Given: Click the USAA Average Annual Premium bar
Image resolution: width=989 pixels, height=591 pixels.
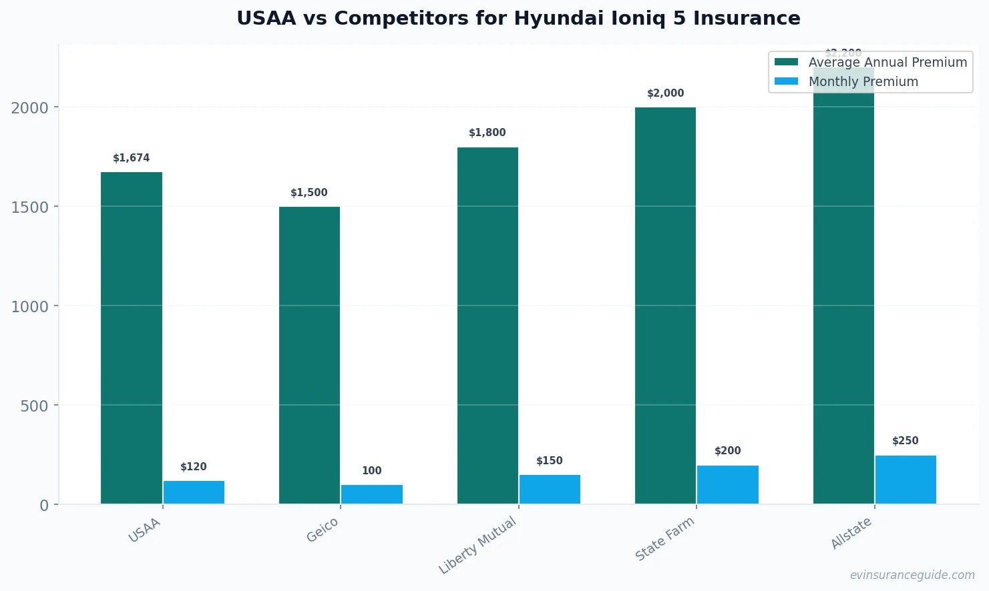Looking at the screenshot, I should point(132,338).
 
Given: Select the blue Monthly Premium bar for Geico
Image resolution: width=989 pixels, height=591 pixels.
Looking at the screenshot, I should point(372,494).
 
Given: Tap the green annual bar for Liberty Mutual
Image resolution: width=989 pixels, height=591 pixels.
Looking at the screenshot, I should point(487,326).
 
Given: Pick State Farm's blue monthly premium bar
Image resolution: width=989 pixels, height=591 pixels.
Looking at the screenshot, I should point(728,484).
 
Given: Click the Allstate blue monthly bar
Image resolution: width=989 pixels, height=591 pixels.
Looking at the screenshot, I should point(906,479).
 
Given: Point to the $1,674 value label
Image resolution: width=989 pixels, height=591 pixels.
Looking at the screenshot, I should point(132,158).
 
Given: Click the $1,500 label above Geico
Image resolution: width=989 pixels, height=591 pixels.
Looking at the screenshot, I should point(309,193).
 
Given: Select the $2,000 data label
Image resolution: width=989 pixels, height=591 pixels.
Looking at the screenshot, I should point(666,93).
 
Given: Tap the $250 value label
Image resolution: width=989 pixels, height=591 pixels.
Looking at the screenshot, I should point(906,441).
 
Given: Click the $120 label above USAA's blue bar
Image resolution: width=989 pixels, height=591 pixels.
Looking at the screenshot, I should point(194,467).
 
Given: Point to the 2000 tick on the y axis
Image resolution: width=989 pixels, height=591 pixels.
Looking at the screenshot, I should point(30,107).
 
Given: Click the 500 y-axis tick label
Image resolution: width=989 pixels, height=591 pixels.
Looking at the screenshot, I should point(35,406).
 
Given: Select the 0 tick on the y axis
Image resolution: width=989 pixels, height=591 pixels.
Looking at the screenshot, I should point(44,505).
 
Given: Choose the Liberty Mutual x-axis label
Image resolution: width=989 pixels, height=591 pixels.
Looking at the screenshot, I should point(478,545).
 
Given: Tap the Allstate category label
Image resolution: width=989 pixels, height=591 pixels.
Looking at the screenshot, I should point(851,533).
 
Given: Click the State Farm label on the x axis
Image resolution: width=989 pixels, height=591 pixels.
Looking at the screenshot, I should point(665,539).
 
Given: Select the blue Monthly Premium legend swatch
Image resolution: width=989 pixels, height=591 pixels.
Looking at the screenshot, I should point(786,81).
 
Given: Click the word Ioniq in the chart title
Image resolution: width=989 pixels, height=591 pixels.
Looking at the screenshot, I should point(639,18).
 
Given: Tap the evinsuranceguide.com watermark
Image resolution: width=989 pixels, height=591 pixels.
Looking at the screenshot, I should point(912,575).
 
